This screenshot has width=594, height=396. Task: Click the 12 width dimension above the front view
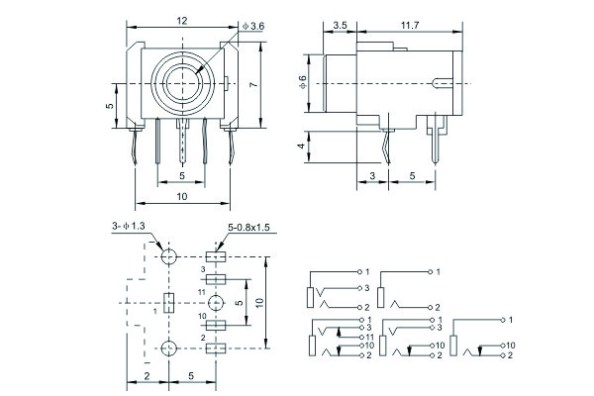[x=182, y=20]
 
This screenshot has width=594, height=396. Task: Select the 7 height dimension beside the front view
[x=254, y=86]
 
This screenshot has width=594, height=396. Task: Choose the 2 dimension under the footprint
[x=146, y=376]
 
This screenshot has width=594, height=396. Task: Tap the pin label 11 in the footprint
[x=201, y=293]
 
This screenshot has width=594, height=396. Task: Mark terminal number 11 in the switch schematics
[x=369, y=338]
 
